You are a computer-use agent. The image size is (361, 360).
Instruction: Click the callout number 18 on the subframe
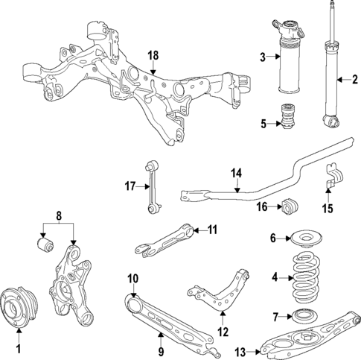pyautogui.click(x=153, y=56)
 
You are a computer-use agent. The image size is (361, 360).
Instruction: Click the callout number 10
pyautogui.click(x=132, y=279)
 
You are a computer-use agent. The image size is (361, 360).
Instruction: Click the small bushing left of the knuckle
pyautogui.click(x=44, y=244)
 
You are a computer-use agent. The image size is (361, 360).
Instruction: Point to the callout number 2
pyautogui.click(x=355, y=79)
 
